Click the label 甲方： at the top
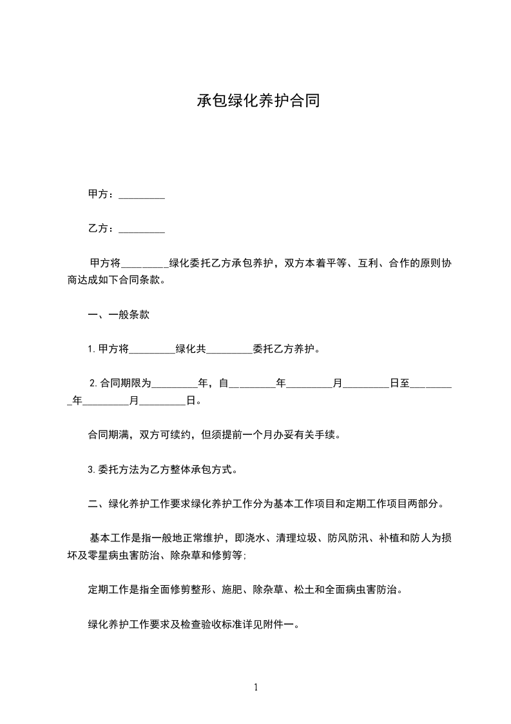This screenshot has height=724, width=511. pos(101,194)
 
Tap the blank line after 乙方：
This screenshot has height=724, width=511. pos(142,230)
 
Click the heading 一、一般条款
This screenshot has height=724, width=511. pos(119,315)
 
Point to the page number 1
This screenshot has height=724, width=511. pos(256,687)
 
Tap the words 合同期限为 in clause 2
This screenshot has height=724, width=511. pos(126,383)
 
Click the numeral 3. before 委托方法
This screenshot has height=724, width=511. pos(92,470)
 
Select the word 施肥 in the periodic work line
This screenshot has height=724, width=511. pos(232,589)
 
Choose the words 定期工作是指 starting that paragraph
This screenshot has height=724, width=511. pos(119,589)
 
